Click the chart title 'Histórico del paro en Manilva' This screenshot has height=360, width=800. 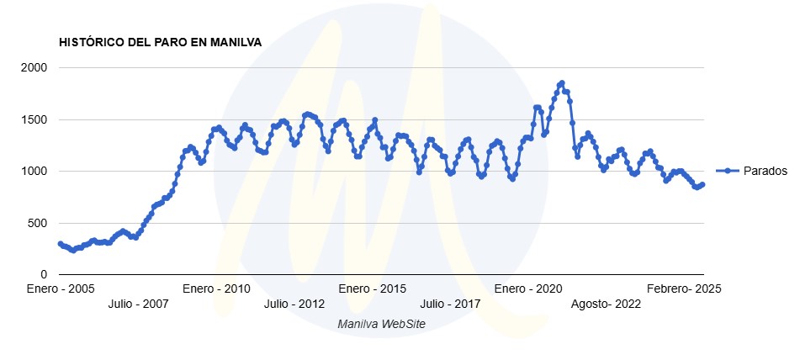pos(160,41)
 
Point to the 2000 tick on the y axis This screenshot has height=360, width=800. pos(34,67)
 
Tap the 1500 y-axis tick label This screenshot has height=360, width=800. pos(34,119)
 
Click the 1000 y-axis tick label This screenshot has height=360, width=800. pos(34,172)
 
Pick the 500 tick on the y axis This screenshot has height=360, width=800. pos(38,223)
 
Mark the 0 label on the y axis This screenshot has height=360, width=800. pos(45,275)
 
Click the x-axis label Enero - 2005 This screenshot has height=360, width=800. pos(60,289)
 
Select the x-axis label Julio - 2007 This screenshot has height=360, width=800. pos(138,304)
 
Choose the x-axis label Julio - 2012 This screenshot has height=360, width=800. pos(294,304)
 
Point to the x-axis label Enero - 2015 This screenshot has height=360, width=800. pos(371,289)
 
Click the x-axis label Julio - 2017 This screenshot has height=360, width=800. pos(449,304)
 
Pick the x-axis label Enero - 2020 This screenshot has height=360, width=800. pos(527,289)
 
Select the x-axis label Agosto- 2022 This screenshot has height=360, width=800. pos(606,304)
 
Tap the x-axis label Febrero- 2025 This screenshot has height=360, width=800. pos(684,289)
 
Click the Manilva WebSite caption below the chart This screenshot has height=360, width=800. pos(381,324)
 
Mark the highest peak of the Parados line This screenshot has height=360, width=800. pos(561,83)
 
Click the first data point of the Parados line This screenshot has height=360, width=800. pos(60,244)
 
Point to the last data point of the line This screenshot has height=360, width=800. pos(702,185)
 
